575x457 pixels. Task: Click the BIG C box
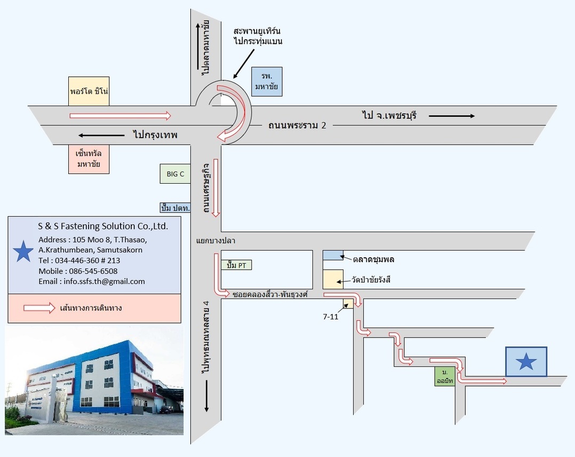click(x=175, y=174)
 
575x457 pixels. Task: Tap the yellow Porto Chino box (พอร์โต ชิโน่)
click(x=89, y=91)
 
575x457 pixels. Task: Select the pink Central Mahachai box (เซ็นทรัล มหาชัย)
click(x=89, y=159)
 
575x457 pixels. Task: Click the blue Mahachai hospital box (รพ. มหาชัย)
click(x=267, y=82)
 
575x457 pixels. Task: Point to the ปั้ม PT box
click(x=236, y=265)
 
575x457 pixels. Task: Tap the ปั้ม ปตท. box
click(x=175, y=208)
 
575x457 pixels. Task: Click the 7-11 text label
click(x=331, y=317)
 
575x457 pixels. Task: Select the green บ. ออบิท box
click(x=444, y=376)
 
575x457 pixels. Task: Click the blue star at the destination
click(x=526, y=362)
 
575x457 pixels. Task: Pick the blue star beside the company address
click(x=23, y=251)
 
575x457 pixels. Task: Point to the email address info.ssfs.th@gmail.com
click(x=92, y=281)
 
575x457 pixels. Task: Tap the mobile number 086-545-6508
click(x=78, y=271)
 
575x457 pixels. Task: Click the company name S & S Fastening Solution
click(x=103, y=226)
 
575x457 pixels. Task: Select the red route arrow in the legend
click(x=39, y=308)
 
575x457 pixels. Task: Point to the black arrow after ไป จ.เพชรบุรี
click(x=451, y=115)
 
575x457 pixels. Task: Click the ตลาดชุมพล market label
click(x=373, y=259)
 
